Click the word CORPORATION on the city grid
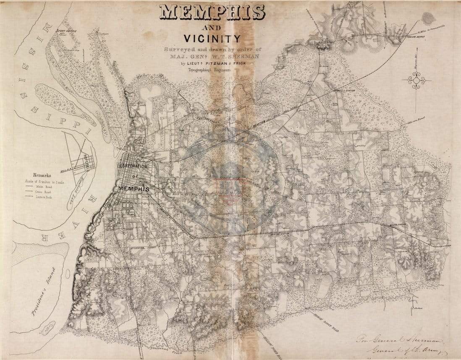[x=134, y=166]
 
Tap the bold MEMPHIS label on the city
[x=134, y=189]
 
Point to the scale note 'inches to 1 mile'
[x=50, y=182]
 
